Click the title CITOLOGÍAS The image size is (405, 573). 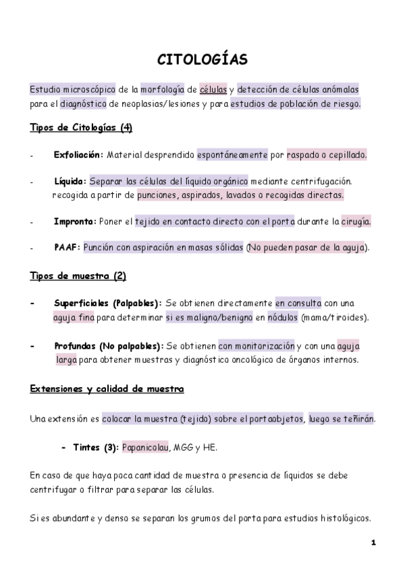202,59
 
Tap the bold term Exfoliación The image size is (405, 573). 78,155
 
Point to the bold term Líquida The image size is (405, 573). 70,181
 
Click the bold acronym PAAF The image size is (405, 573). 67,247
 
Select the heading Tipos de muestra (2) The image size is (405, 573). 78,276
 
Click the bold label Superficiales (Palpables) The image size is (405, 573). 107,303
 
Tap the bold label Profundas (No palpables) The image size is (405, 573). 108,345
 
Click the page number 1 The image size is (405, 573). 373,543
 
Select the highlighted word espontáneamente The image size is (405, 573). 232,155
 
